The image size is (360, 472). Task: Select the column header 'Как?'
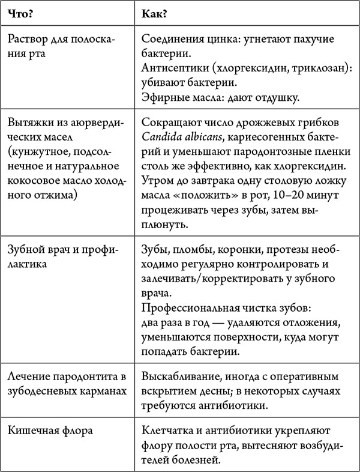pyautogui.click(x=155, y=13)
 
